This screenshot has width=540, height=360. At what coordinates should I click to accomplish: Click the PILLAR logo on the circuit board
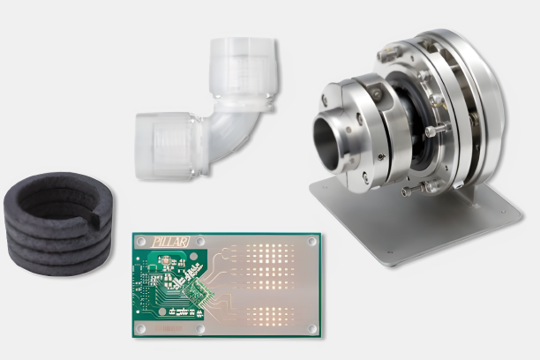pyautogui.click(x=171, y=242)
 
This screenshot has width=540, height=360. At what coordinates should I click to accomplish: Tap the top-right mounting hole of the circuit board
pyautogui.click(x=311, y=241)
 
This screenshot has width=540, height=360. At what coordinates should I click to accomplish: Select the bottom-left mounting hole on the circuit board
pyautogui.click(x=141, y=328)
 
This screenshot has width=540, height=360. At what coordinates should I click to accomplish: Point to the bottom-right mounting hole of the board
pyautogui.click(x=311, y=328)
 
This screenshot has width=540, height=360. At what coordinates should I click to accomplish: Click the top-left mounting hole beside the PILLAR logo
pyautogui.click(x=141, y=241)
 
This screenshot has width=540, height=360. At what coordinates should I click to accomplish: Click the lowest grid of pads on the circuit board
pyautogui.click(x=270, y=317)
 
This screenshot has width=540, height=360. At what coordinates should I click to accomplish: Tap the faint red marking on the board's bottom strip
pyautogui.click(x=169, y=328)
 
